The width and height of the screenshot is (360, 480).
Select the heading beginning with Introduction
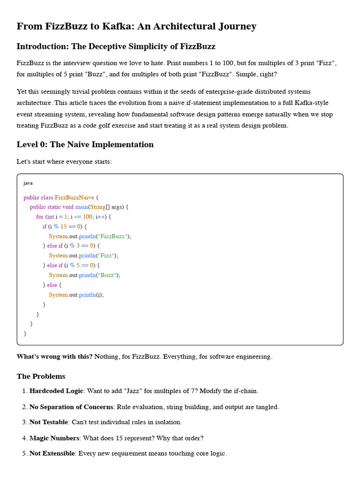pyautogui.click(x=116, y=46)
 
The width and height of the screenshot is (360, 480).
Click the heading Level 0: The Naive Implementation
pyautogui.click(x=85, y=144)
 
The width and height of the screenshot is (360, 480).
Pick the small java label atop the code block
pyautogui.click(x=28, y=183)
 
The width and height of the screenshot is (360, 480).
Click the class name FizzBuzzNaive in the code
pyautogui.click(x=74, y=197)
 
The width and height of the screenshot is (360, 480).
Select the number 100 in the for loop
pyautogui.click(x=88, y=217)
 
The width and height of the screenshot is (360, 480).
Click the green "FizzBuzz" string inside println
pyautogui.click(x=112, y=236)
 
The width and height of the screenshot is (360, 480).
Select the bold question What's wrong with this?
pyautogui.click(x=54, y=357)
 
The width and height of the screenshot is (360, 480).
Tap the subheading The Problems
pyautogui.click(x=41, y=376)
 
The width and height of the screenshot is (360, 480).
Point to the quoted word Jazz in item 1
pyautogui.click(x=187, y=391)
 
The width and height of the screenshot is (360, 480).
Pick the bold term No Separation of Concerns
pyautogui.click(x=71, y=407)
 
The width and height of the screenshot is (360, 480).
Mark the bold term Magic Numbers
pyautogui.click(x=54, y=438)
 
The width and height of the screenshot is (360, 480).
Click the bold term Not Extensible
pyautogui.click(x=52, y=454)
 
